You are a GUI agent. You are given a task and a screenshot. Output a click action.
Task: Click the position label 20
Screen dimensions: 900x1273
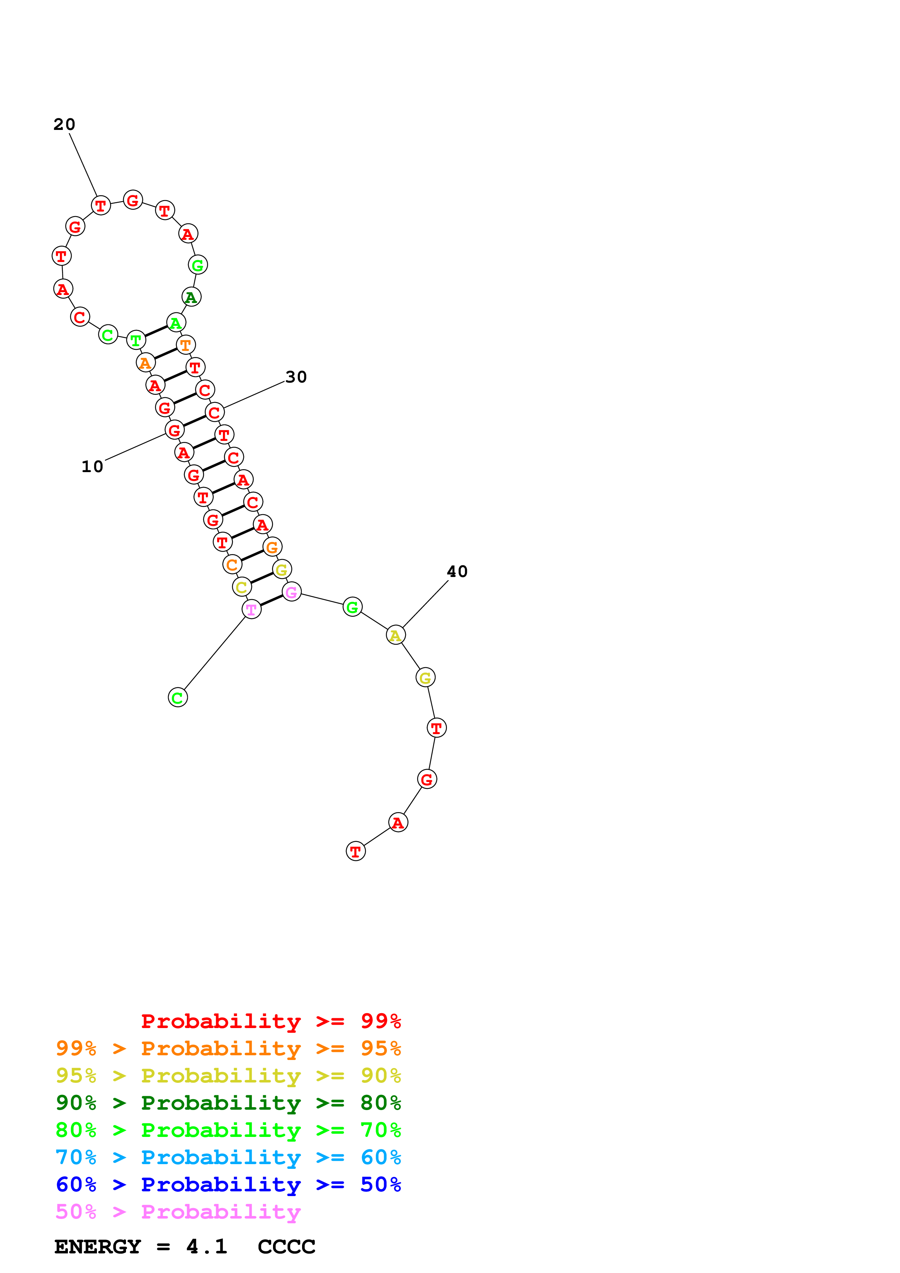pyautogui.click(x=64, y=124)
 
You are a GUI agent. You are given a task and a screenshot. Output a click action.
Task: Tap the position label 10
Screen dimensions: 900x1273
pyautogui.click(x=92, y=467)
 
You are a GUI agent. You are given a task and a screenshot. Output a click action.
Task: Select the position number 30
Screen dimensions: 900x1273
pyautogui.click(x=296, y=377)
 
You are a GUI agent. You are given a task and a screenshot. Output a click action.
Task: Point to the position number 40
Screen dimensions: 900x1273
pyautogui.click(x=457, y=572)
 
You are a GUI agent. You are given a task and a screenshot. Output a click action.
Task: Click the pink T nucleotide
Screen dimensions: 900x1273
pyautogui.click(x=252, y=609)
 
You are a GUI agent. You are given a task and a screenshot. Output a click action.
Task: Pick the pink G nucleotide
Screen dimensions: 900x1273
pyautogui.click(x=292, y=592)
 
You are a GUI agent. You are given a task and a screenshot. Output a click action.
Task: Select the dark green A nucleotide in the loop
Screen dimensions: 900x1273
pyautogui.click(x=191, y=297)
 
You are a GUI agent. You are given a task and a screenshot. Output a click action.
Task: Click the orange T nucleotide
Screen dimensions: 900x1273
pyautogui.click(x=186, y=345)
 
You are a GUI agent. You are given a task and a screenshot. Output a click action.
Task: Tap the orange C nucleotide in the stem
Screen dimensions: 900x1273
pyautogui.click(x=232, y=564)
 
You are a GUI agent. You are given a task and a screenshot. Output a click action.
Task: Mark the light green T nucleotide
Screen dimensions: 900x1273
pyautogui.click(x=136, y=340)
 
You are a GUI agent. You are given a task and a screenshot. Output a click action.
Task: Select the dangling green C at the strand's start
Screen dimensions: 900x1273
pyautogui.click(x=178, y=697)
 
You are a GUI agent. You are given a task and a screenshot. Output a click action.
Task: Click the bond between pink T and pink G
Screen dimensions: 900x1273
pyautogui.click(x=272, y=601)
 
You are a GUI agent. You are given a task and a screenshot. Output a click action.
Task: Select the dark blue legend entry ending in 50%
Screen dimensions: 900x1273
pyautogui.click(x=228, y=1184)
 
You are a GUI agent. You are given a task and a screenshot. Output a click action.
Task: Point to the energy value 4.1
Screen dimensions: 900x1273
pyautogui.click(x=207, y=1247)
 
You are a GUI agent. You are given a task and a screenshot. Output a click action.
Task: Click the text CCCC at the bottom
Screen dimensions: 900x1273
pyautogui.click(x=286, y=1247)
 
